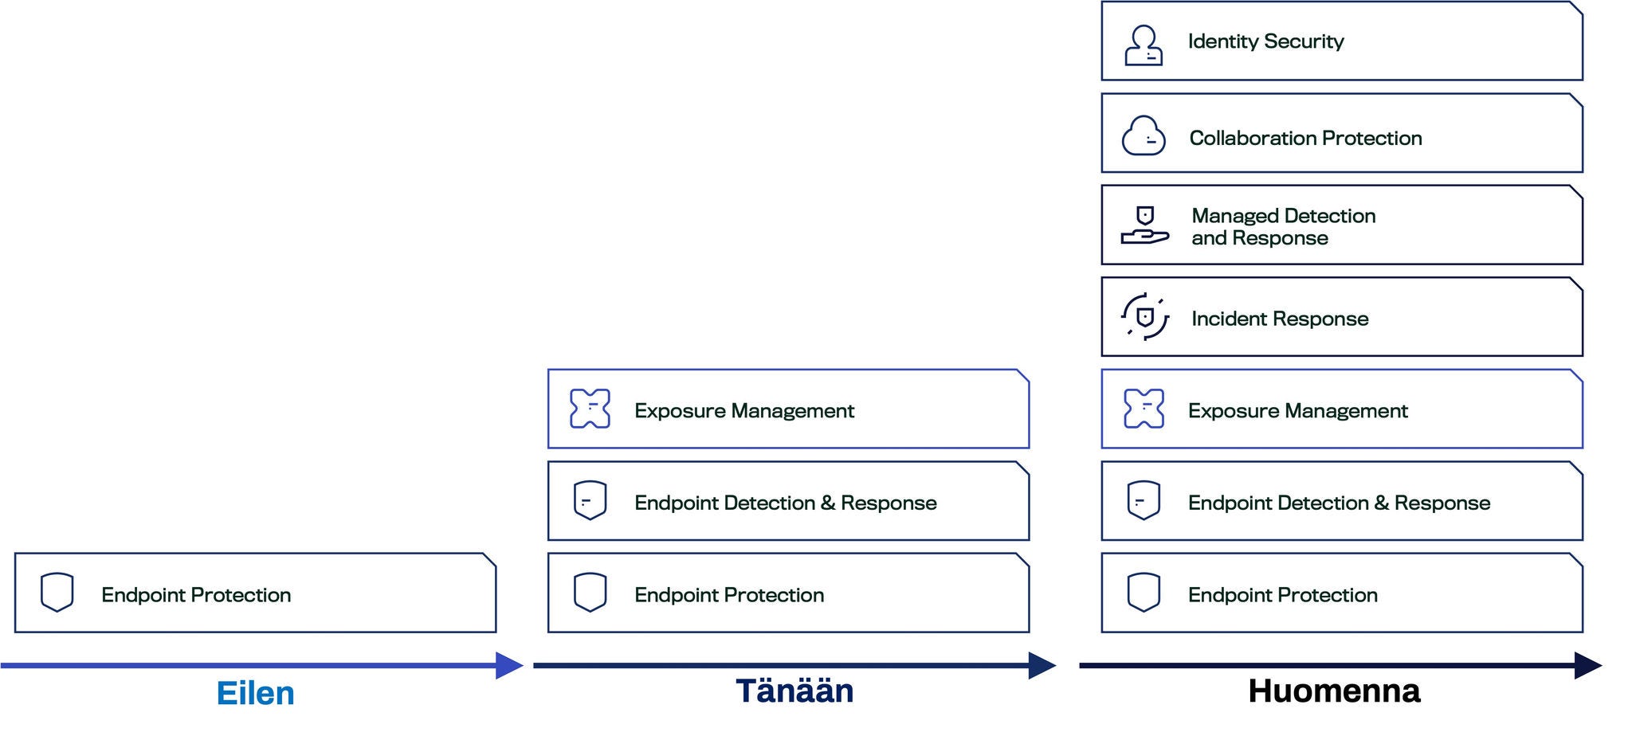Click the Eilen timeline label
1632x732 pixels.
[x=255, y=693]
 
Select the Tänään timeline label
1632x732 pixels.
[x=794, y=690]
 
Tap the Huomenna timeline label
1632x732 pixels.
[x=1334, y=691]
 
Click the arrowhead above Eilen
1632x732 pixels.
[x=509, y=665]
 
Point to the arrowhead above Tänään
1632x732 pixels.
[x=1042, y=665]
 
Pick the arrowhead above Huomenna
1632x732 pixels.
[x=1588, y=665]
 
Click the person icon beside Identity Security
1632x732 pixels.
[x=1144, y=45]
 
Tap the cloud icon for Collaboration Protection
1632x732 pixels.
[x=1144, y=135]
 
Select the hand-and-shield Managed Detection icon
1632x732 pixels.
[x=1145, y=225]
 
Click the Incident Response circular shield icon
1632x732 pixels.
[x=1145, y=317]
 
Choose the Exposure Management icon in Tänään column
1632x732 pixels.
[x=590, y=409]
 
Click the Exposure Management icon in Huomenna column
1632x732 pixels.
[x=1144, y=409]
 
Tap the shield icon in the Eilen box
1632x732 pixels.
[x=57, y=592]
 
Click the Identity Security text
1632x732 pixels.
[x=1265, y=41]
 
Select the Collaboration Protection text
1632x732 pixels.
[x=1305, y=138]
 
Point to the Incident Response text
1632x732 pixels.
[x=1280, y=319]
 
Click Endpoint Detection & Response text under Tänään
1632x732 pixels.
[x=785, y=503]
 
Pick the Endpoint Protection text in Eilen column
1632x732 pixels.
[x=196, y=595]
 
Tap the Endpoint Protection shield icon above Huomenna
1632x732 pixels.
[x=1144, y=592]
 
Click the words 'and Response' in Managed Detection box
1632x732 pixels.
[x=1259, y=238]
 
